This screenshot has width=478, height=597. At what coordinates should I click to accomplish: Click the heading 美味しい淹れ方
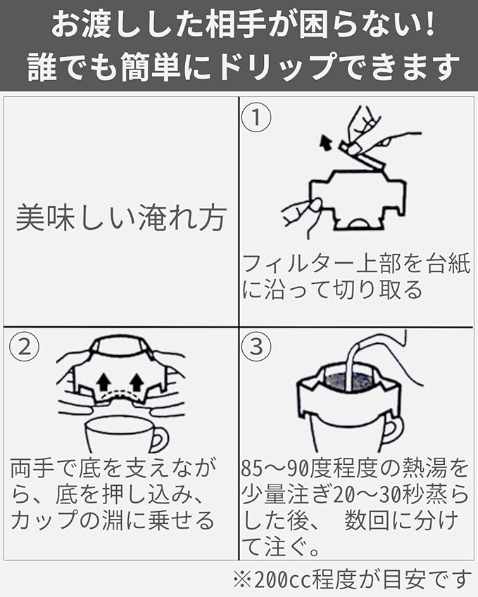coord(120,219)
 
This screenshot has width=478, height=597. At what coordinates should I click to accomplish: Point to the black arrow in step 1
coord(325,144)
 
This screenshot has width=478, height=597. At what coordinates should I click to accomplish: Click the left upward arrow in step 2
coord(103,383)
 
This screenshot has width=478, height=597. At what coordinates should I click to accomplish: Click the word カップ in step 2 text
coord(43,521)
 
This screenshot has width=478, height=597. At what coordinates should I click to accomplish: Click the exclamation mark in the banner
coord(427,25)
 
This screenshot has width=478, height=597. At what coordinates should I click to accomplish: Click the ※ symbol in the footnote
coord(241,579)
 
